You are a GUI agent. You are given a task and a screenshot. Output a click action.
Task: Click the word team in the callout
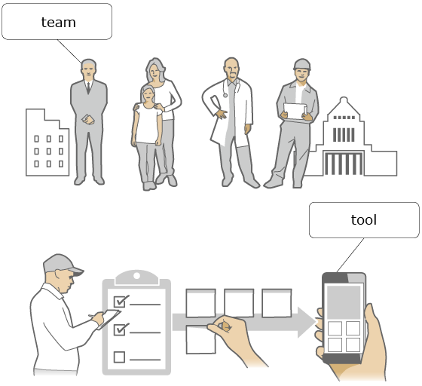click(x=59, y=23)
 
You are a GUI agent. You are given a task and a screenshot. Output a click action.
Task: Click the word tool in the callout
click(x=363, y=220)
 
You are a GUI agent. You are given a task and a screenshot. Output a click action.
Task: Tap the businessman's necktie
click(x=89, y=87)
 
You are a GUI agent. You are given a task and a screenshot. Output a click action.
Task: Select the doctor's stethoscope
click(x=231, y=87)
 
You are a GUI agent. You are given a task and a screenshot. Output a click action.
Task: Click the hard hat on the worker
click(x=302, y=64)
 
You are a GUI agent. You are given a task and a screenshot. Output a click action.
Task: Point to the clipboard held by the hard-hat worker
click(x=295, y=111)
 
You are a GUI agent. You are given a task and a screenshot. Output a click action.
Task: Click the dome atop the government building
click(x=344, y=101)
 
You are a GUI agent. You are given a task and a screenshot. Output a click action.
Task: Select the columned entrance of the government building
click(x=344, y=163)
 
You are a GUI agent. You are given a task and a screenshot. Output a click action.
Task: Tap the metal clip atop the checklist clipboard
click(x=136, y=277)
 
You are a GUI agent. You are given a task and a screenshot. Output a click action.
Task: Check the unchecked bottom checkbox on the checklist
click(x=119, y=357)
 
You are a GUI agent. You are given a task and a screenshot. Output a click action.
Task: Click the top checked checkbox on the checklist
click(x=120, y=302)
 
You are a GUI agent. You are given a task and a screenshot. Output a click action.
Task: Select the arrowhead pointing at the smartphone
click(x=307, y=322)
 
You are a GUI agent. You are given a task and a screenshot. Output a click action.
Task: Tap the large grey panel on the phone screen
click(x=344, y=302)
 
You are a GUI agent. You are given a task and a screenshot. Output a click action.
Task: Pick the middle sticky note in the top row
click(x=239, y=303)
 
